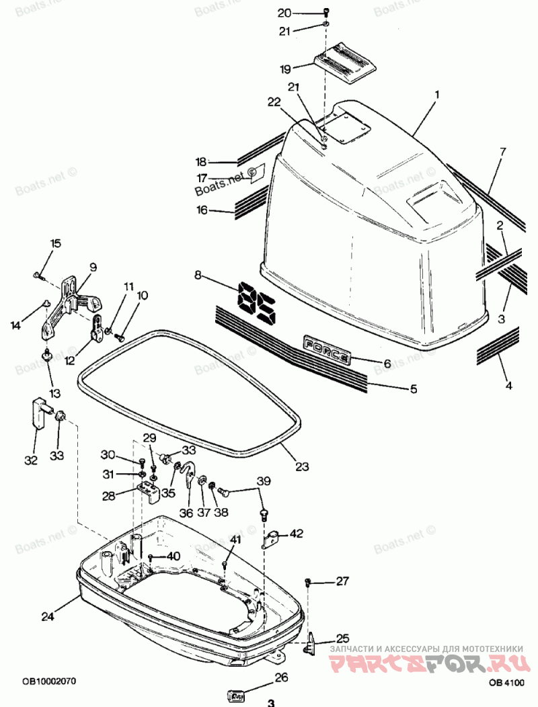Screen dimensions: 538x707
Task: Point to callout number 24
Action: tap(46, 616)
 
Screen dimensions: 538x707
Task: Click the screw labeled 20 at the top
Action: tap(326, 11)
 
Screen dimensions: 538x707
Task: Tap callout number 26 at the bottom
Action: tap(280, 677)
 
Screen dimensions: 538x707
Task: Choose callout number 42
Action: tap(297, 534)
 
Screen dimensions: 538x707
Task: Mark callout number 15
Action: tap(55, 243)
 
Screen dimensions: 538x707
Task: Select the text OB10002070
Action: tap(48, 681)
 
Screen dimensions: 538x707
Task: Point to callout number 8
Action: tap(198, 274)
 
